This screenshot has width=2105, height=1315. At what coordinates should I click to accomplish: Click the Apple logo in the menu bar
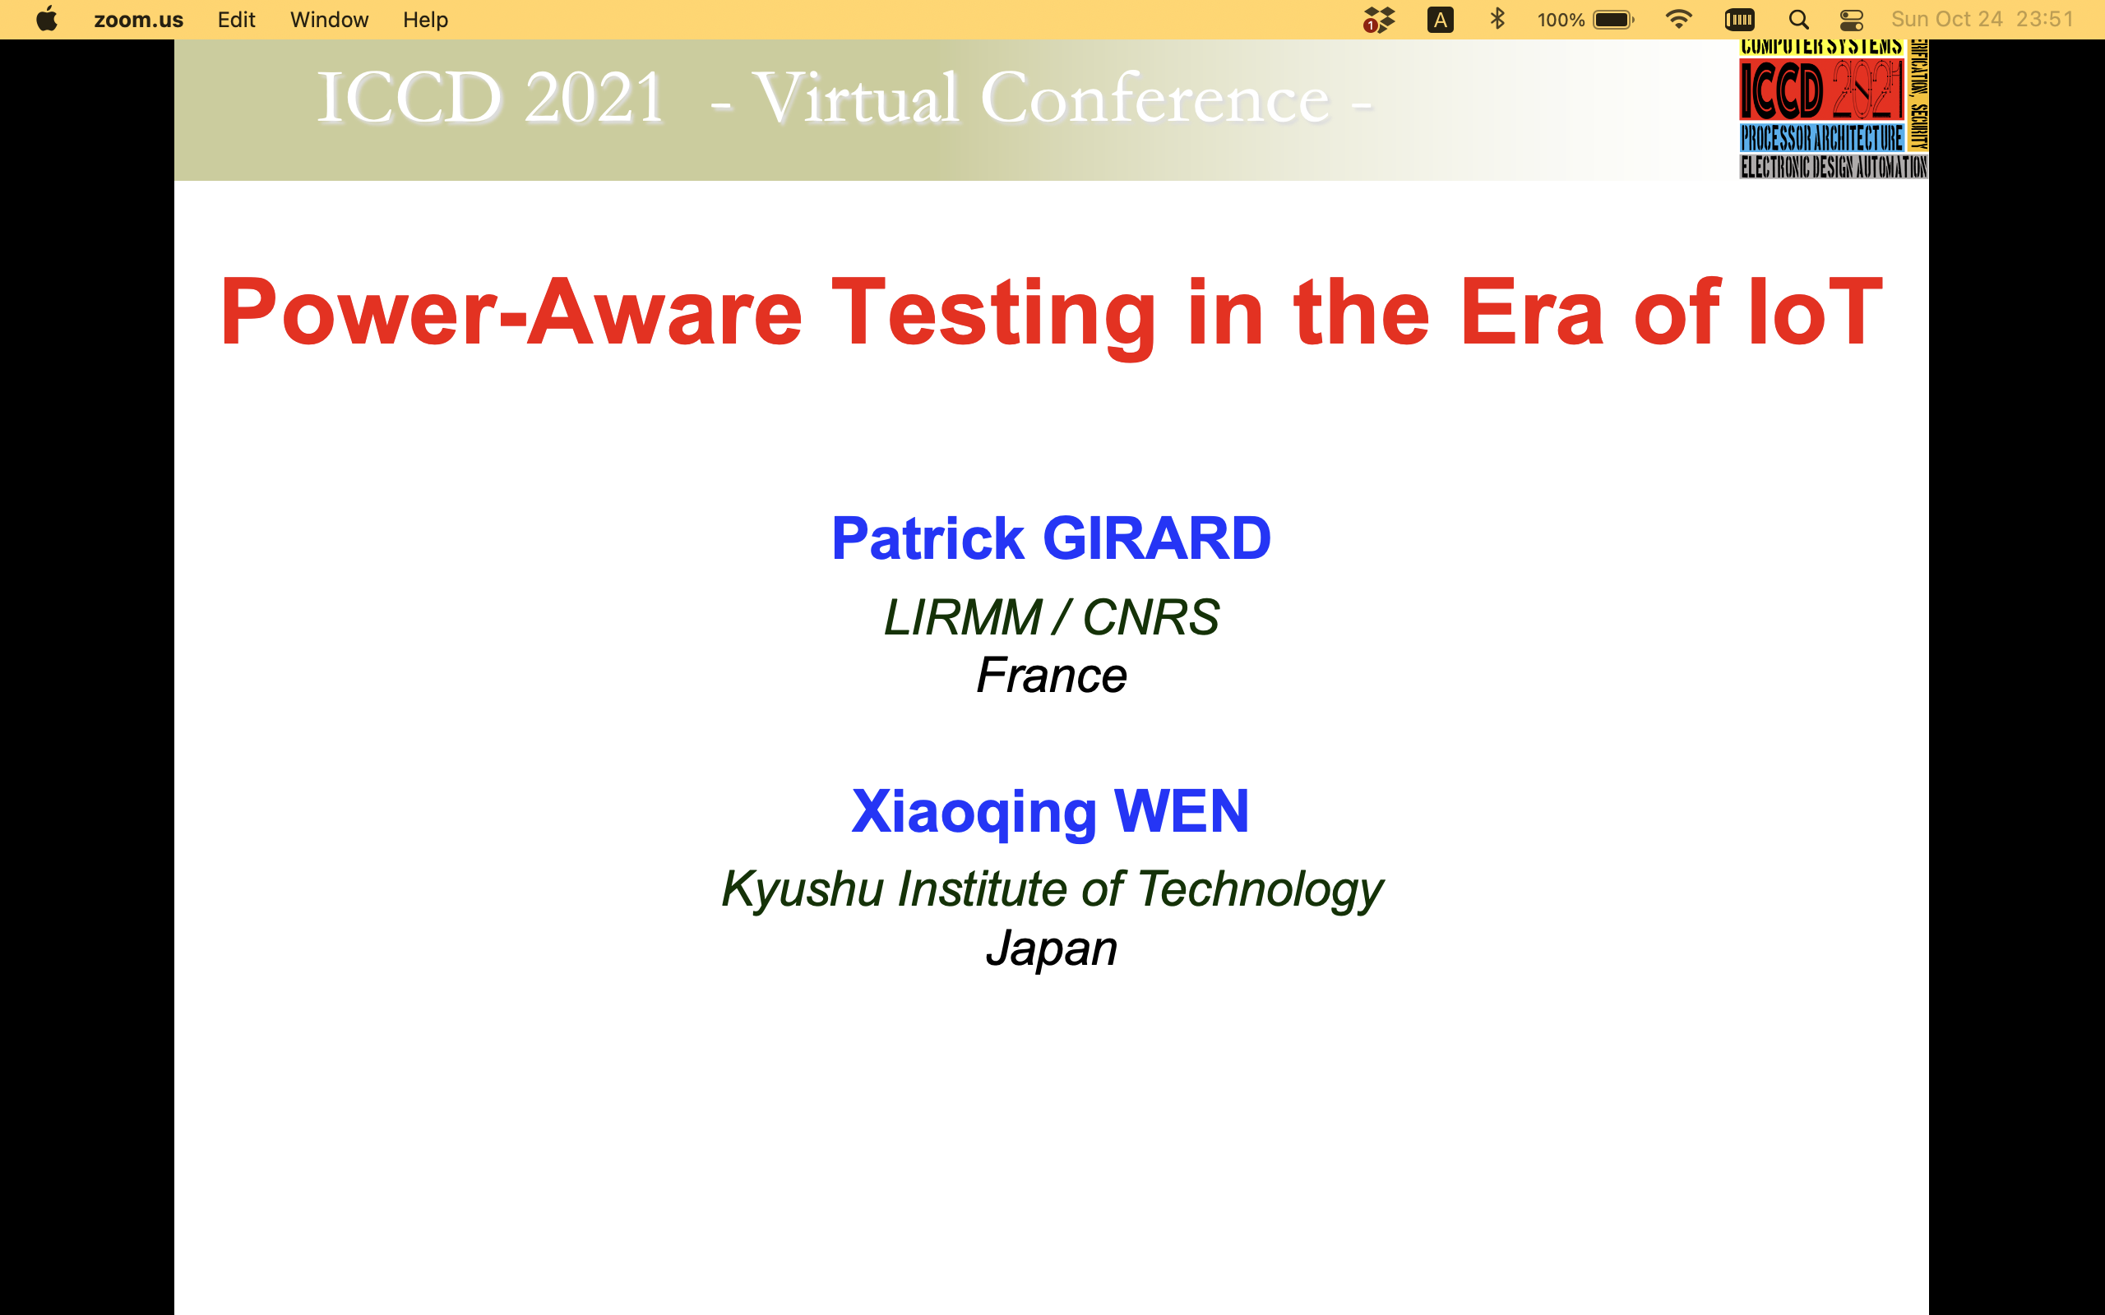[47, 19]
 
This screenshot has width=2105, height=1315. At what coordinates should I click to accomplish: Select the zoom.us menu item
[138, 19]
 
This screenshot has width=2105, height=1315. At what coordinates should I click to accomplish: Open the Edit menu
[236, 19]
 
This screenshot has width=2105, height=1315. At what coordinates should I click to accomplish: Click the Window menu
[329, 19]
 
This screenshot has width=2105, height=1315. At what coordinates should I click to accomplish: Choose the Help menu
[425, 19]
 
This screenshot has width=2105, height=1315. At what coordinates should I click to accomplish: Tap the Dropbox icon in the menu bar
[1379, 19]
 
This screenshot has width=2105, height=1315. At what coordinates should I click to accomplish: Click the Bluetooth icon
[1497, 19]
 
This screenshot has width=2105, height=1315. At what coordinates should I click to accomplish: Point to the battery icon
[1613, 19]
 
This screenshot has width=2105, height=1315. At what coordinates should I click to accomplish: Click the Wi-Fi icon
[1678, 19]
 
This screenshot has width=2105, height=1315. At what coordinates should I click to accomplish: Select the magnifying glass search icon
[1798, 19]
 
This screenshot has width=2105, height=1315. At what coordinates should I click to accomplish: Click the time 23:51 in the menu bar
[2044, 19]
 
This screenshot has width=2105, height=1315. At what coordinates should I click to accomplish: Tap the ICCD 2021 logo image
[1833, 108]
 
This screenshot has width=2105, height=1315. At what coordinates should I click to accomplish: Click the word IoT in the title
[1815, 311]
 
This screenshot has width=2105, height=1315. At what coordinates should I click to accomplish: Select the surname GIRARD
[1156, 538]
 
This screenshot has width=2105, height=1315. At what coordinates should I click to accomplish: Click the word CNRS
[1150, 617]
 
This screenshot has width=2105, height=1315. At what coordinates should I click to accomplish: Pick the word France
[1051, 676]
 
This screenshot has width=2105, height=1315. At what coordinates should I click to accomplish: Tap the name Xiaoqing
[974, 812]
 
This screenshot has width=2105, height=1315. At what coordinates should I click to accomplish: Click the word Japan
[1051, 948]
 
